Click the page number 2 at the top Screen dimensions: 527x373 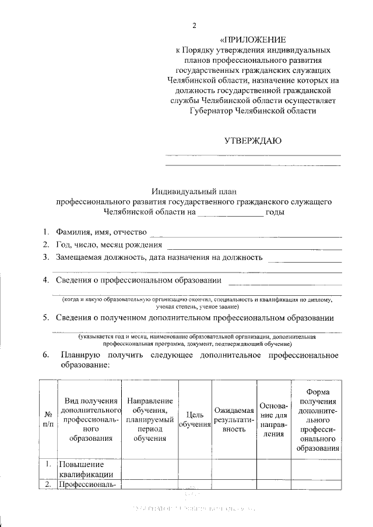click(195, 26)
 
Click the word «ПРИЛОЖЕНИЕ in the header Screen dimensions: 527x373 click(252, 40)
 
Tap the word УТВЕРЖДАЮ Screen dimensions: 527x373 click(253, 140)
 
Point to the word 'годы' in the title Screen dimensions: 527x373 click(275, 213)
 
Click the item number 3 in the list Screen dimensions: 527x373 click(45, 257)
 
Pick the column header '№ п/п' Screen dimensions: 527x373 click(48, 419)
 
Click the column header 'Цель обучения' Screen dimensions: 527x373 click(194, 420)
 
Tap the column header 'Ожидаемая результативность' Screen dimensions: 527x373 click(233, 419)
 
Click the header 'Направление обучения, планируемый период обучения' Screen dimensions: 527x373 click(149, 419)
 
